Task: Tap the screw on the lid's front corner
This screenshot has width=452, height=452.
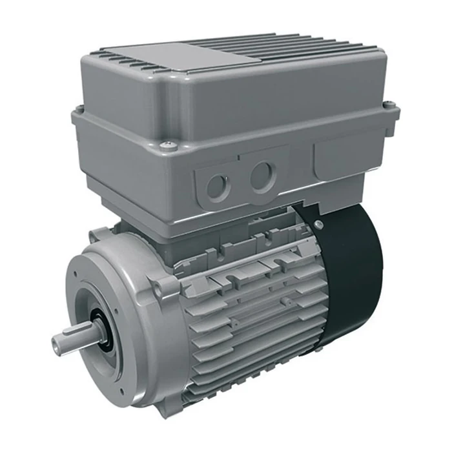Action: coord(170,145)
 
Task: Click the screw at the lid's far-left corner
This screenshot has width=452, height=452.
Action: coord(79,110)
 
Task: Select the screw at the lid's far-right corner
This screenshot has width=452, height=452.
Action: coord(389,105)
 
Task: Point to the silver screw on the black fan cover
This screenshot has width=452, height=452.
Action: coord(318,224)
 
